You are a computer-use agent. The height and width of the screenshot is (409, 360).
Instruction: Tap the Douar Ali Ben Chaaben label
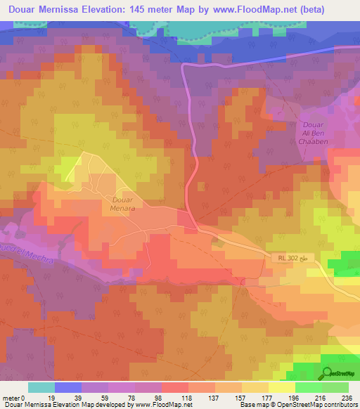tap(315, 132)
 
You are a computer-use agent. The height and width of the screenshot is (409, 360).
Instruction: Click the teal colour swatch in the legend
tap(41, 387)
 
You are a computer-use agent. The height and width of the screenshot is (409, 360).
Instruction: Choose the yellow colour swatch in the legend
tap(281, 387)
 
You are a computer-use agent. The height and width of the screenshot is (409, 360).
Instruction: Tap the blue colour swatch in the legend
tap(67, 387)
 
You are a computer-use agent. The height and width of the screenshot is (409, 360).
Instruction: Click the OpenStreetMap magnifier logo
tap(327, 373)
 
